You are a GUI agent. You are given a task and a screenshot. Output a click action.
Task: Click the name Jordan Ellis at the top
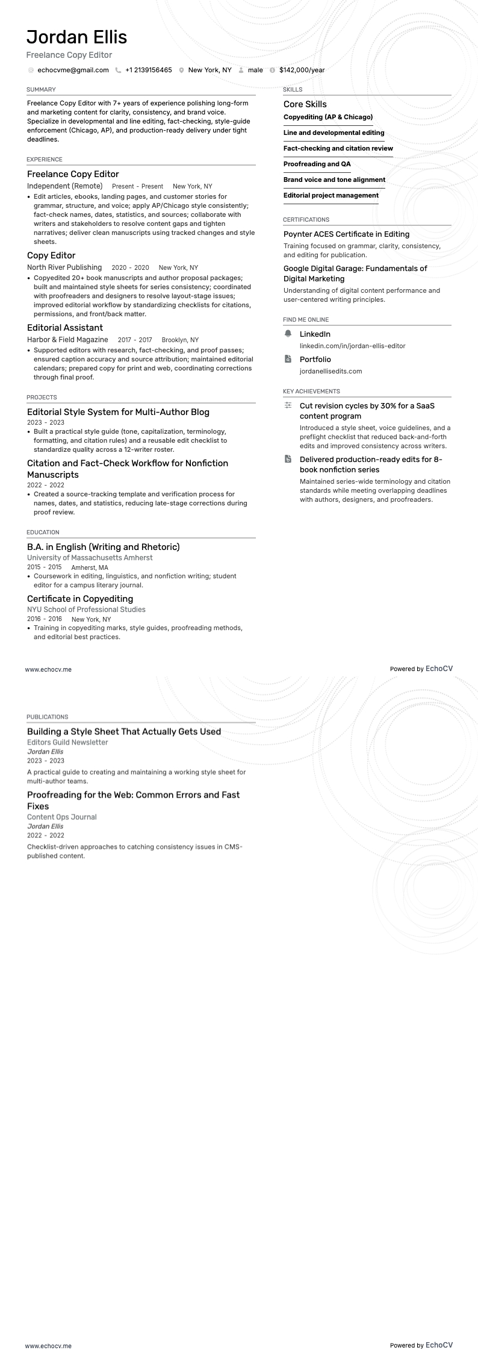[x=76, y=37]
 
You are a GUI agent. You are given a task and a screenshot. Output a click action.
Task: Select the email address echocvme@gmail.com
[x=73, y=70]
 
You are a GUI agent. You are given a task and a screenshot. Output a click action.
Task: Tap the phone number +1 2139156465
[x=148, y=70]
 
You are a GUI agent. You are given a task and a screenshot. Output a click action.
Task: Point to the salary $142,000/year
[x=302, y=70]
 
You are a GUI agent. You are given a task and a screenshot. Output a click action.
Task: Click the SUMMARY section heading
[x=41, y=90]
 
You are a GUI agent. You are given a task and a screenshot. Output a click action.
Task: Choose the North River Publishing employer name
[x=64, y=267]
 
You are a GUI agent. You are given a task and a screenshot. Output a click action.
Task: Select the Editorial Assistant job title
[x=65, y=328]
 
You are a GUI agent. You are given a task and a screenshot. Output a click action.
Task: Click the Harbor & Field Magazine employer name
[x=67, y=340]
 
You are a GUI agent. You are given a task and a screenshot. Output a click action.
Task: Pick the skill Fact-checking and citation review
[x=338, y=148]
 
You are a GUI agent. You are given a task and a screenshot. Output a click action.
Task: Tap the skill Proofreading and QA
[x=317, y=164]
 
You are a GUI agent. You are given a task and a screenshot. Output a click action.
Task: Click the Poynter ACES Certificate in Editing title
[x=346, y=234]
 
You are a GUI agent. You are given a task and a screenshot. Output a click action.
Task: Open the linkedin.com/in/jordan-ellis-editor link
[x=352, y=346]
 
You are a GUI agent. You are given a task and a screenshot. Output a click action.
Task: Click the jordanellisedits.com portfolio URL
[x=331, y=371]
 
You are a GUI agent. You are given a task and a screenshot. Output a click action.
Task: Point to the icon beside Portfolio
[x=288, y=359]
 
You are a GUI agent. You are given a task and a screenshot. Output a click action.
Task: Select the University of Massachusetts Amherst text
[x=90, y=558]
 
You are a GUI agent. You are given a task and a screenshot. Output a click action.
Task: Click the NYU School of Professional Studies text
[x=86, y=610]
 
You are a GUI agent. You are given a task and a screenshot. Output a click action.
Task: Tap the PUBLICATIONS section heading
[x=47, y=717]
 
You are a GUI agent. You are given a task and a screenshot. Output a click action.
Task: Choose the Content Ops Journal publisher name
[x=61, y=817]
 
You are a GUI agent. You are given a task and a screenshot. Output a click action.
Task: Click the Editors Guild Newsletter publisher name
[x=67, y=742]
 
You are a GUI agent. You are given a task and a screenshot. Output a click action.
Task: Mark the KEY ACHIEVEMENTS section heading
[x=311, y=392]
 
